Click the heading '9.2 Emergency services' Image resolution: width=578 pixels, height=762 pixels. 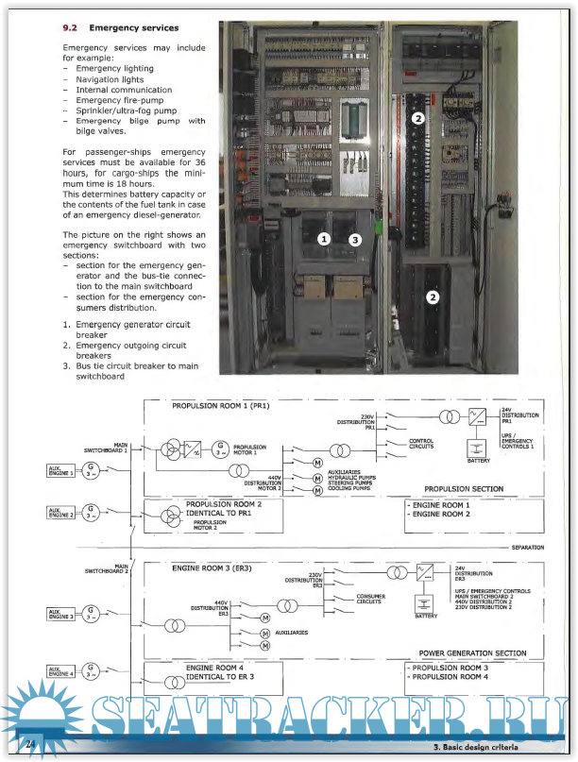pos(120,28)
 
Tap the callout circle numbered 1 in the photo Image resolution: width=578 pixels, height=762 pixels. pos(324,240)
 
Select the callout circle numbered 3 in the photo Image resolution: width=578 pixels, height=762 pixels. pos(355,240)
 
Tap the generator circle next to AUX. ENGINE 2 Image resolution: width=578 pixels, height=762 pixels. pos(91,515)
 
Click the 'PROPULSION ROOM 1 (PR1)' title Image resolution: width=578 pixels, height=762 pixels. pos(221,406)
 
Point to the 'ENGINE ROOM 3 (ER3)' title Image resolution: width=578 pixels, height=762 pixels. pos(212,568)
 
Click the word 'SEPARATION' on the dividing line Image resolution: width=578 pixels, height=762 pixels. pos(525,548)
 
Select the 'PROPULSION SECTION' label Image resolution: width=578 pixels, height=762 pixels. pos(464,489)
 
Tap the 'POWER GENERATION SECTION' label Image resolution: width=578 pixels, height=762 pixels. pos(472,652)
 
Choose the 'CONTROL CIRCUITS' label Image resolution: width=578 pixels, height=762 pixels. pos(420,443)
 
